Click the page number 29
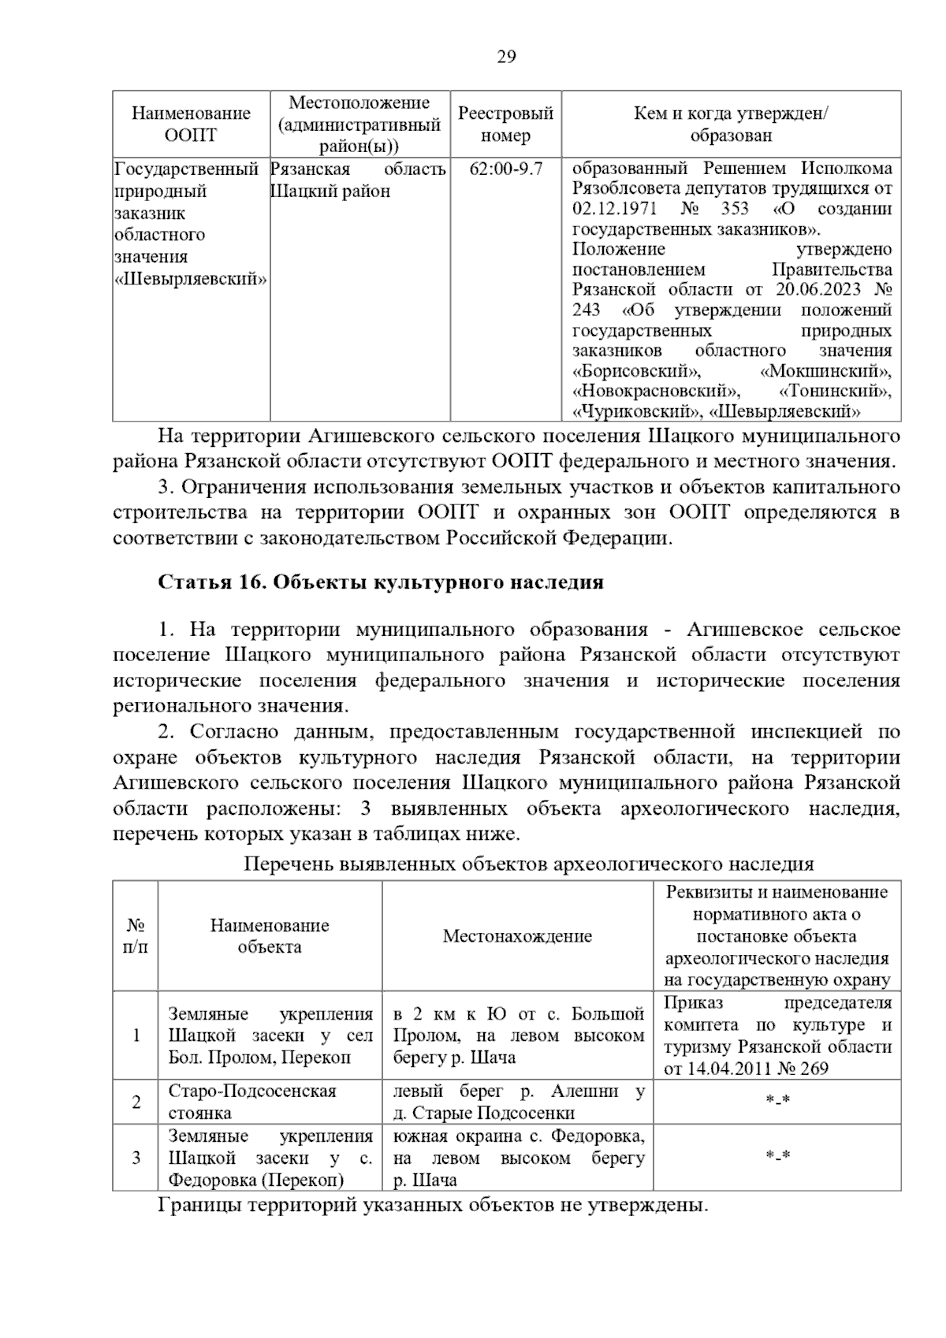click(506, 57)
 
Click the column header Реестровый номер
click(505, 125)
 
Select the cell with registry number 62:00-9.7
click(505, 169)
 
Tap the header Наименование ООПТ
click(191, 125)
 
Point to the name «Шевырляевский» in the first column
click(191, 279)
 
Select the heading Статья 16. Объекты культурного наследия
click(381, 582)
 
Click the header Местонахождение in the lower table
click(517, 936)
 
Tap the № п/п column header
click(136, 936)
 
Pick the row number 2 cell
click(136, 1102)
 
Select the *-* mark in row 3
click(777, 1157)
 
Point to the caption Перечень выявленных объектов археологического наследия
click(528, 864)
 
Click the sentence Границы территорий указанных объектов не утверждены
click(434, 1206)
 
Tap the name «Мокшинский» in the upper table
click(826, 371)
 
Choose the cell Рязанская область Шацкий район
click(359, 180)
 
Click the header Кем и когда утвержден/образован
click(731, 125)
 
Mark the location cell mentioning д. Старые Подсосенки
click(517, 1102)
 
